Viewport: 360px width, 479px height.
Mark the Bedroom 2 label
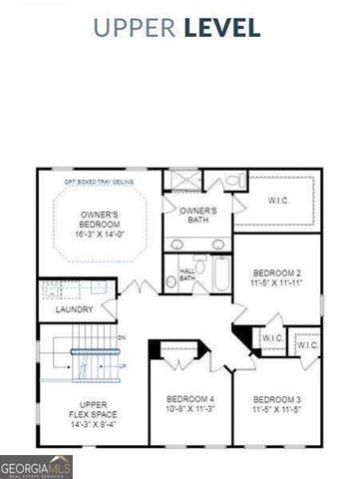[x=275, y=272]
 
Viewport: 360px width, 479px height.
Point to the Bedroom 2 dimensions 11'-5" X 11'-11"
[x=275, y=282]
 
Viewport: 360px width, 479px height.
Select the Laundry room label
[x=74, y=309]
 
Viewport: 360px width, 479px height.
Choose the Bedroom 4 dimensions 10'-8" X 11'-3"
[x=189, y=409]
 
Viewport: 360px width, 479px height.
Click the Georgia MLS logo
[x=32, y=465]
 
